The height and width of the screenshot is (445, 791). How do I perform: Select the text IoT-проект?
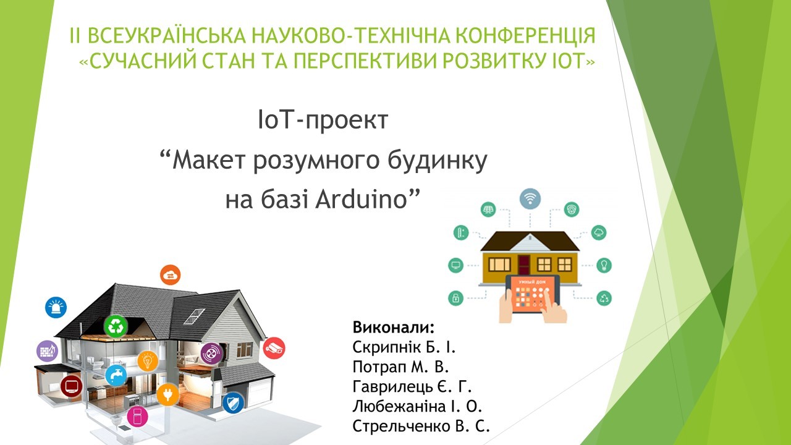[323, 121]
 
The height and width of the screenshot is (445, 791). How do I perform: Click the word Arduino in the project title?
[362, 200]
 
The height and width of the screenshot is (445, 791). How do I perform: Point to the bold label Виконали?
[394, 328]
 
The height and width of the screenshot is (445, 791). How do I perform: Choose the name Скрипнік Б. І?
[404, 347]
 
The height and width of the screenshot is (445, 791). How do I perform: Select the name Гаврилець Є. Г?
[412, 387]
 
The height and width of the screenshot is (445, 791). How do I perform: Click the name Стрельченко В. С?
[421, 426]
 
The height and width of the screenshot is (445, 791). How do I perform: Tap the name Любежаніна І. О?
[417, 407]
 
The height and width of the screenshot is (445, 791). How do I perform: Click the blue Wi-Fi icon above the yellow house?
[530, 198]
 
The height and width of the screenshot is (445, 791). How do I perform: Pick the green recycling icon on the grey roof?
[116, 326]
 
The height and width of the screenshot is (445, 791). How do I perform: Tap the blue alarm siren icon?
[56, 307]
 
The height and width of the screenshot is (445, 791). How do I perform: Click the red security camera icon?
[274, 348]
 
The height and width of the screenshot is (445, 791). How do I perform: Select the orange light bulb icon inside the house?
[148, 360]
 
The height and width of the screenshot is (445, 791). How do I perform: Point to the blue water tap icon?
[116, 375]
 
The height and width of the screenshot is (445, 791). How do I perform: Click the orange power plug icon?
[167, 394]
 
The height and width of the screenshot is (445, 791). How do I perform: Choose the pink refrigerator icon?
[137, 417]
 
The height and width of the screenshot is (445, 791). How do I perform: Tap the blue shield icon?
[234, 403]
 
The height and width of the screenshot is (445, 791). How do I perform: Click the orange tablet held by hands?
[533, 294]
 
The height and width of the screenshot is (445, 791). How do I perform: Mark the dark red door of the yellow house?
[524, 265]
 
